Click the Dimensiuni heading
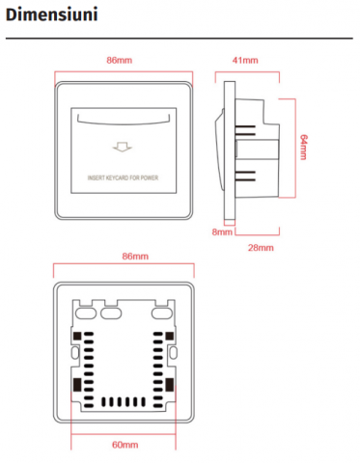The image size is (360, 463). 52,14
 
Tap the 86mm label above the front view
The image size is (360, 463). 120,60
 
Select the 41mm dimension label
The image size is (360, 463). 245,60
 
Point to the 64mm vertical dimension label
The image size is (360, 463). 303,148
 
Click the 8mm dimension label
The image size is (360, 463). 222,231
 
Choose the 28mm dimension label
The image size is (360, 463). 261,248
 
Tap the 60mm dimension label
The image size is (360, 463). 125,445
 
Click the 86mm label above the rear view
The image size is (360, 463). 135,257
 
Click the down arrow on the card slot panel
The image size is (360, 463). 123,147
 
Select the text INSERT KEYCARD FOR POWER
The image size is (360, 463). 123,177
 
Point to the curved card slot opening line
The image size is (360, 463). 124,123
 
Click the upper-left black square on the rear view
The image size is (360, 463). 77,336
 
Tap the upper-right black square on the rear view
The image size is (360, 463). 170,336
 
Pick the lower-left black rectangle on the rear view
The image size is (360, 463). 77,385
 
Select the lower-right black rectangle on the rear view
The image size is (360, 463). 170,385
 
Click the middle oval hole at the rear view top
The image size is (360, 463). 111,313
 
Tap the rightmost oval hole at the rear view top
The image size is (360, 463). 162,313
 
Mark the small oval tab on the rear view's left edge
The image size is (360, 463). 75,353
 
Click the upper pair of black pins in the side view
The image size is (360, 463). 245,130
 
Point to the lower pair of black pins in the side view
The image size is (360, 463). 245,176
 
